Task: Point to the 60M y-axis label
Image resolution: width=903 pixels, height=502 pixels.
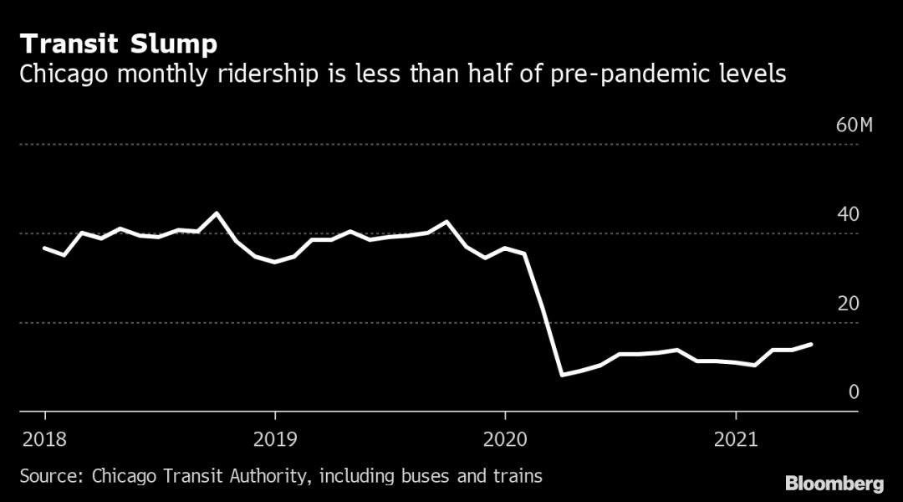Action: coord(854,126)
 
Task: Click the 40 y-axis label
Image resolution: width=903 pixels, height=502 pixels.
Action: coord(847,215)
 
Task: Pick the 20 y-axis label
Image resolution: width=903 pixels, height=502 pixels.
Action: coord(847,303)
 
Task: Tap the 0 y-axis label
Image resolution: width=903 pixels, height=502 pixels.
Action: coord(853,392)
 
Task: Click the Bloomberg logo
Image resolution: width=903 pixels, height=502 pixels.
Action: coord(834,484)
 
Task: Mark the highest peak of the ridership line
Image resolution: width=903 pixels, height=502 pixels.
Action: coord(217,213)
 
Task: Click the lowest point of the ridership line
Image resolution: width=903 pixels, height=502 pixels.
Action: coord(563,374)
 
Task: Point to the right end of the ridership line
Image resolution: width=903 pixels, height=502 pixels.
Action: coord(811,344)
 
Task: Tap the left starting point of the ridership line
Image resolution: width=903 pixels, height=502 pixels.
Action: coord(44,248)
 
